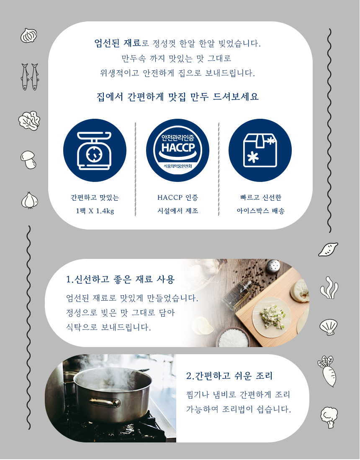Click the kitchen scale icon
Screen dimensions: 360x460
95,150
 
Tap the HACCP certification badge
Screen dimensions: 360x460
177,150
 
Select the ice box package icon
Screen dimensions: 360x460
260,150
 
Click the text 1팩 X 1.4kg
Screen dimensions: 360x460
95,211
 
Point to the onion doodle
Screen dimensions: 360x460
29,36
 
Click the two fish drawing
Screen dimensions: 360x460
30,77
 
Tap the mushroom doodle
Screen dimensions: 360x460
28,160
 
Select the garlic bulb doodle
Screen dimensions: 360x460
29,200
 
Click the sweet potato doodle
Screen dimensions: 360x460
328,249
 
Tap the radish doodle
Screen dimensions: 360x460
327,371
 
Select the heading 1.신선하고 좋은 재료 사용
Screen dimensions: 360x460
120,279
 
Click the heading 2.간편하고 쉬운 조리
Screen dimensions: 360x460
229,376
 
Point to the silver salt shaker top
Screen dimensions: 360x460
273,266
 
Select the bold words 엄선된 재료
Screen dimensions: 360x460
118,43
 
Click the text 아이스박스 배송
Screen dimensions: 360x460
261,211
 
